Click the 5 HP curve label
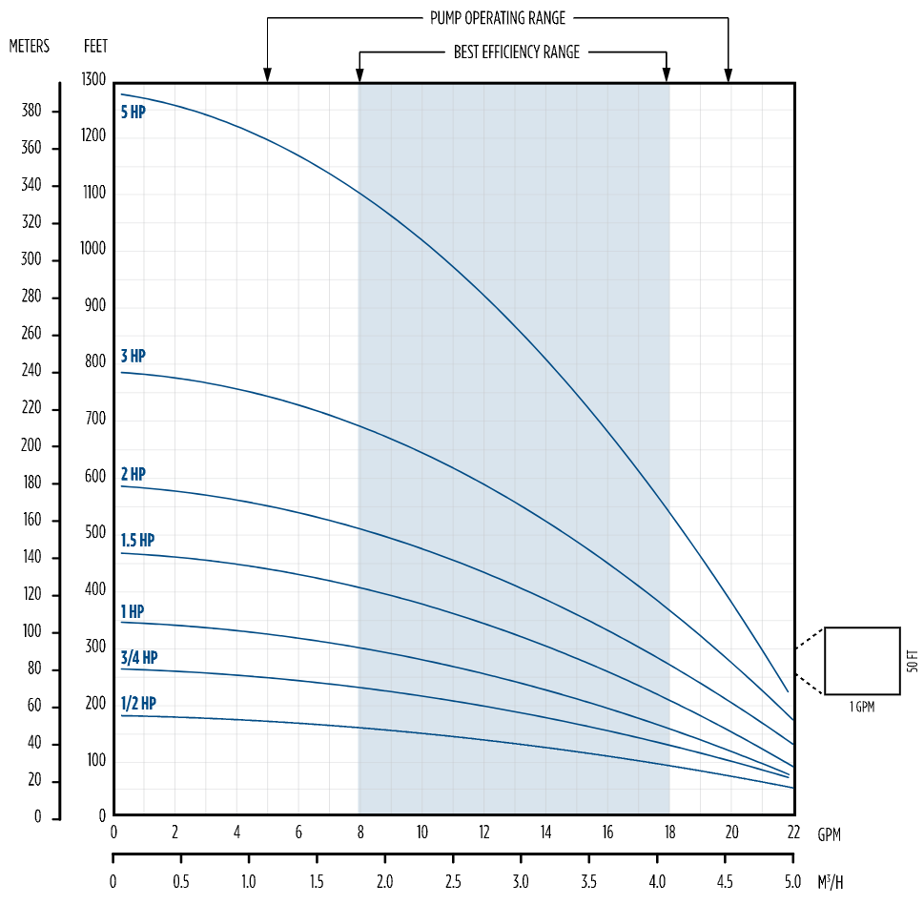coord(133,112)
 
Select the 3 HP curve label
coord(133,357)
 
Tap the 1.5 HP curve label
coord(137,541)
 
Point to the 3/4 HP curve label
coord(139,658)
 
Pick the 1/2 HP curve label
coord(138,704)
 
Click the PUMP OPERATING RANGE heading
coord(497,18)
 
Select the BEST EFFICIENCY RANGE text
coord(516,52)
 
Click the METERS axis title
coord(30,46)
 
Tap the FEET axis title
coord(95,46)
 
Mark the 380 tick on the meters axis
coord(31,111)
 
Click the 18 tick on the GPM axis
coord(669,833)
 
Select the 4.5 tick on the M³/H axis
coord(725,880)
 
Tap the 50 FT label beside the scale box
coord(912,660)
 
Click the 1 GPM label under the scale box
coord(861,707)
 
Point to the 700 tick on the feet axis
coord(95,419)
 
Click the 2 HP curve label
coord(133,475)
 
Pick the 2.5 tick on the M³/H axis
coord(453,880)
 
